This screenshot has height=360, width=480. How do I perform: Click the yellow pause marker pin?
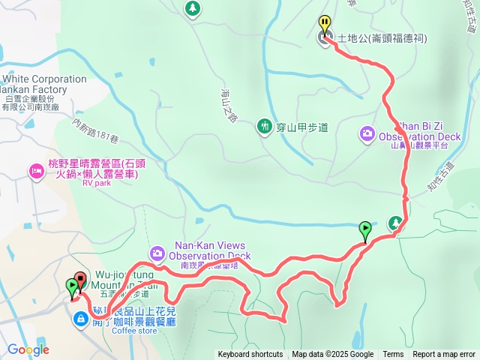click(324, 23)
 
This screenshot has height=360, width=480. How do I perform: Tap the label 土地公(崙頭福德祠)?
click(382, 37)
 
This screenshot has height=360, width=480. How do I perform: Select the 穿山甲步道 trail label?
click(302, 127)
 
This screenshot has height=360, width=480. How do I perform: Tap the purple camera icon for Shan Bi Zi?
click(367, 133)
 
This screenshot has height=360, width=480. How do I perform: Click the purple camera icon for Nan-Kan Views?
click(156, 252)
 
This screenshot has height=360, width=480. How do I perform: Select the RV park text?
click(96, 182)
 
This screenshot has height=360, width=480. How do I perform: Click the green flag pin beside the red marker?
click(71, 286)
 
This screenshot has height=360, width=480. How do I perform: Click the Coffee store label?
click(135, 331)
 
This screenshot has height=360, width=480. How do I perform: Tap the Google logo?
click(28, 349)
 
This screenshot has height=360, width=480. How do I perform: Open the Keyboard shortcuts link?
click(250, 355)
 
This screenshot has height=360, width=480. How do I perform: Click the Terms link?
click(393, 355)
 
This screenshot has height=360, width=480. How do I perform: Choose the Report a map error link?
click(444, 355)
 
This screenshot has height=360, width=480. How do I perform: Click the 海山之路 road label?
click(229, 104)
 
